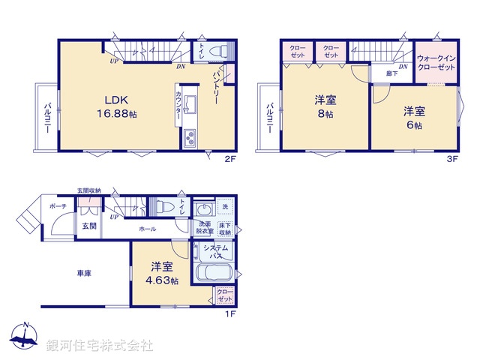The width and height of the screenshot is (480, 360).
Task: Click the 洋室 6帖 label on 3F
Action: (414, 118)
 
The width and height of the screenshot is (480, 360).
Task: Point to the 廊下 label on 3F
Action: (391, 73)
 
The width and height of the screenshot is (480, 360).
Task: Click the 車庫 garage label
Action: (83, 274)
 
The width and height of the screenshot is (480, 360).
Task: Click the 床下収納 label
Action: (224, 228)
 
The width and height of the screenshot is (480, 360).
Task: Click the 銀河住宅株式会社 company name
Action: (100, 346)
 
